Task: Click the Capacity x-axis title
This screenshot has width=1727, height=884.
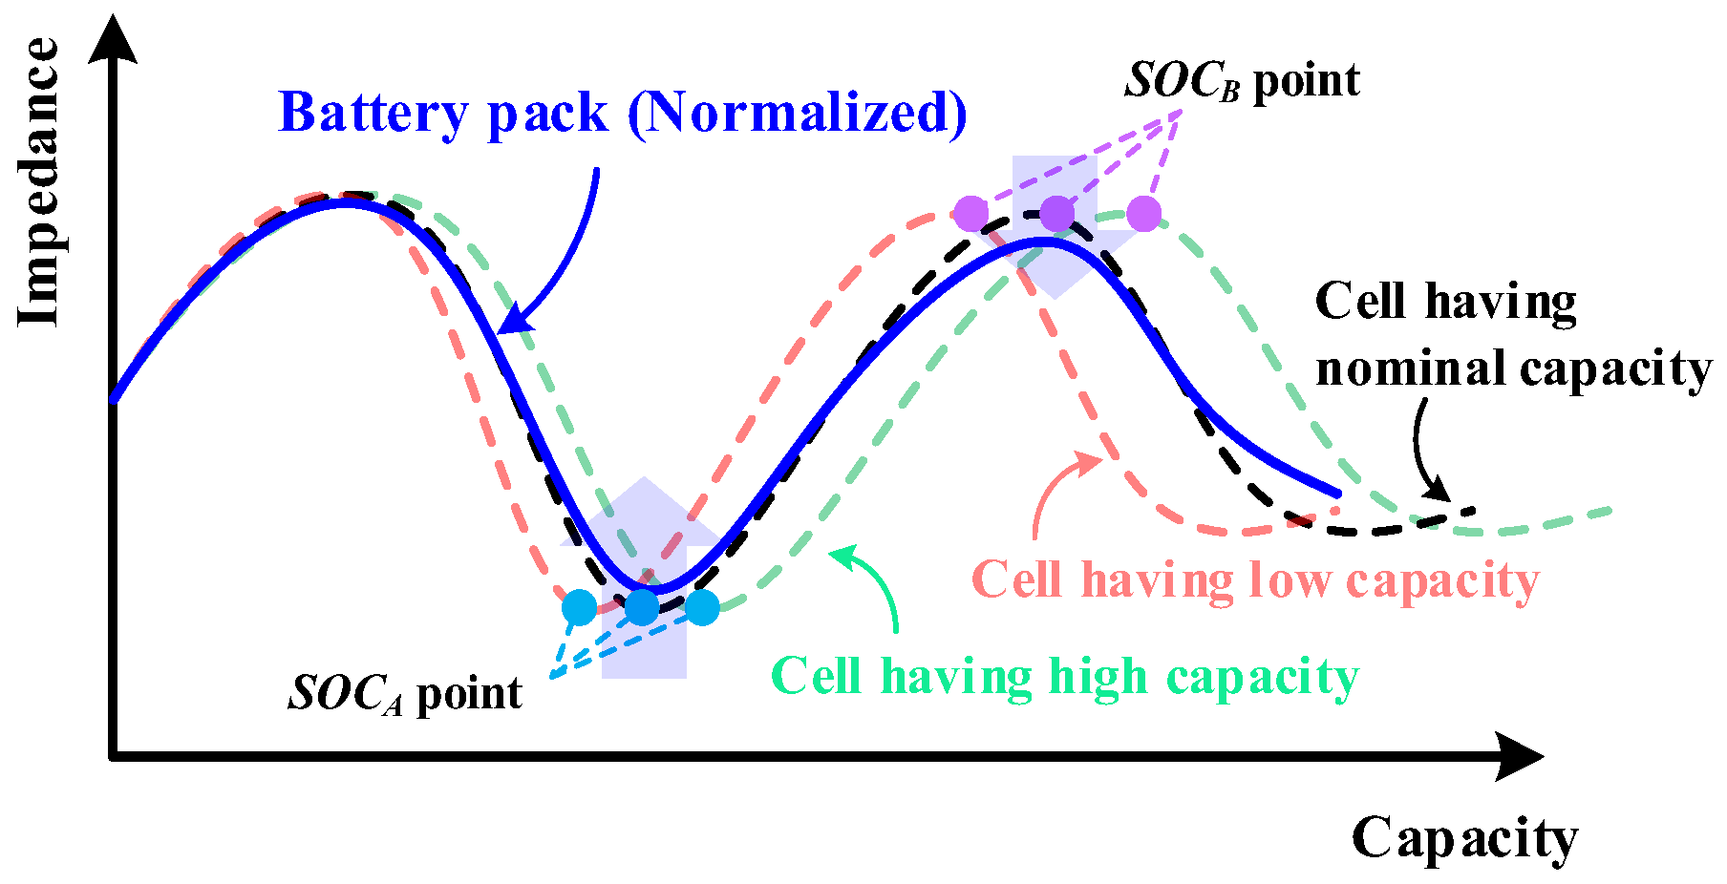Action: pos(1463,839)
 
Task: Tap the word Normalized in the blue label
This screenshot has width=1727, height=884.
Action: pos(797,113)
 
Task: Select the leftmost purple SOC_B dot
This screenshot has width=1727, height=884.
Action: pos(970,214)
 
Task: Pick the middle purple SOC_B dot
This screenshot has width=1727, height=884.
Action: pos(1056,214)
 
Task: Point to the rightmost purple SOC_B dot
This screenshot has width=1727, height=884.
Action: pos(1143,214)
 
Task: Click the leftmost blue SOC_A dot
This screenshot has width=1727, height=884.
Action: pos(579,607)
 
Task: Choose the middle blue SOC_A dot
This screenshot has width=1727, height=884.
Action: pos(642,607)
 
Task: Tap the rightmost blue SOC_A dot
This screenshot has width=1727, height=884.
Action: pos(702,607)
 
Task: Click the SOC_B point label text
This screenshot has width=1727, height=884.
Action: pos(1242,81)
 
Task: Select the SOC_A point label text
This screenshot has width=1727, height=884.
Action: pos(405,693)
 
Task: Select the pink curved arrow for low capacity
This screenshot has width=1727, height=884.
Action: pos(1055,487)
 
